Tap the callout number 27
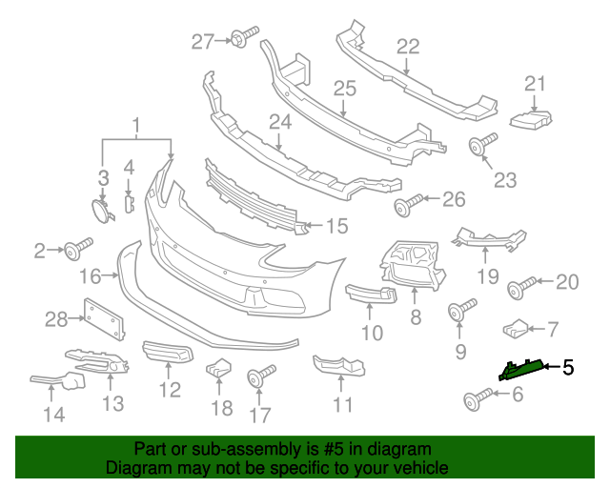(203, 41)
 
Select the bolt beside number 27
(239, 39)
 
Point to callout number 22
(407, 46)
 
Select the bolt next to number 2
(74, 251)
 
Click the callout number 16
(91, 276)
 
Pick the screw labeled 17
(259, 375)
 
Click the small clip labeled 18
(219, 367)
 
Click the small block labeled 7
(516, 329)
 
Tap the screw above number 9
(460, 311)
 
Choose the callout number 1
(135, 125)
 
